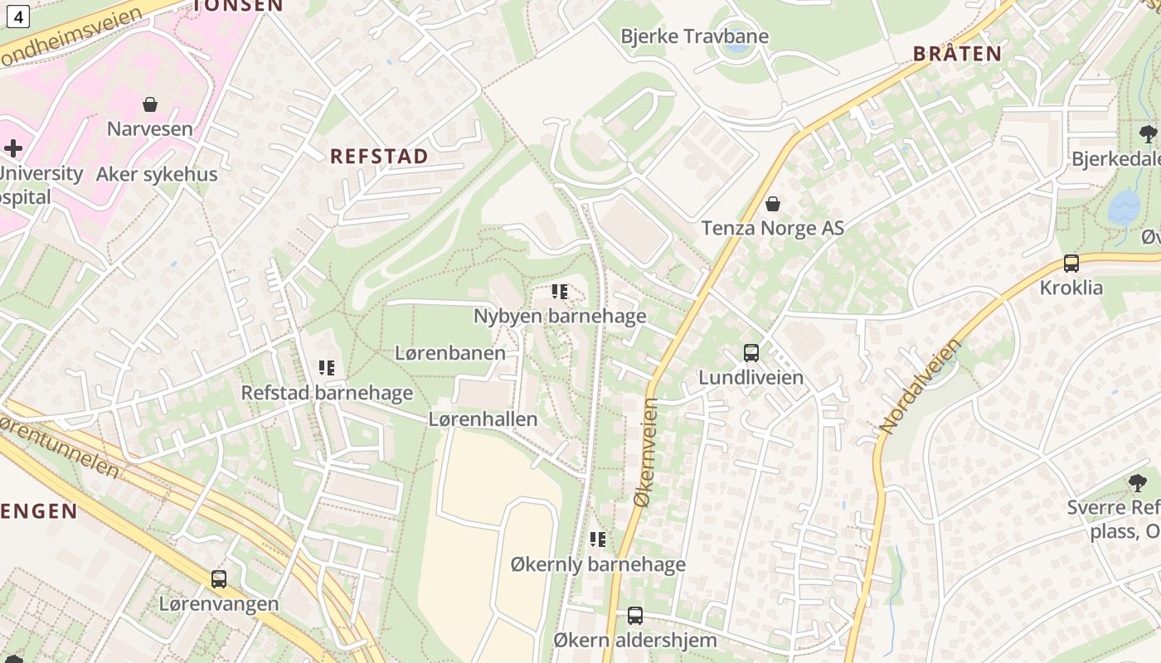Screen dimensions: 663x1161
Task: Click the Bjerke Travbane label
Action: tap(694, 36)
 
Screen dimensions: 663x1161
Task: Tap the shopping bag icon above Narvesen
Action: tap(150, 104)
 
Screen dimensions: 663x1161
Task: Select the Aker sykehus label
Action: tap(157, 174)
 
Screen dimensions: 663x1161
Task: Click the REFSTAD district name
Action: tap(379, 157)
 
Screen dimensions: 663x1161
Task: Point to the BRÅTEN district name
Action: tap(957, 54)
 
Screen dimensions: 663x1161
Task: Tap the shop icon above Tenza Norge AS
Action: tap(773, 204)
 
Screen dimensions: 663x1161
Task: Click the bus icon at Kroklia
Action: tap(1071, 264)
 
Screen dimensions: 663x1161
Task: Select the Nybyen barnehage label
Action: tap(560, 316)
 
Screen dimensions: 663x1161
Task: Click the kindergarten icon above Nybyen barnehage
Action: tap(560, 292)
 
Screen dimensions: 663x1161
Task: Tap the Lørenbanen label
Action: tap(449, 353)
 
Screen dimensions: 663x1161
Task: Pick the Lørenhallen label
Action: tap(483, 419)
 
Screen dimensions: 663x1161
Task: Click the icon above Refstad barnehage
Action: tap(327, 368)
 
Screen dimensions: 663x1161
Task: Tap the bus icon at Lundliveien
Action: tap(751, 353)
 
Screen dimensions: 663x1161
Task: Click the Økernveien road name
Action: tap(645, 452)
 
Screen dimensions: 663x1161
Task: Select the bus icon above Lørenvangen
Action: tap(219, 579)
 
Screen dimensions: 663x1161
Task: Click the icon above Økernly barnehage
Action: tap(598, 540)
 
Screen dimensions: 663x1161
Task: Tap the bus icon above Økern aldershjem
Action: tap(635, 616)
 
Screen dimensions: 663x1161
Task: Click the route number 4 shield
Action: tap(19, 15)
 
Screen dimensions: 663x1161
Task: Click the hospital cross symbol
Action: tap(12, 148)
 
